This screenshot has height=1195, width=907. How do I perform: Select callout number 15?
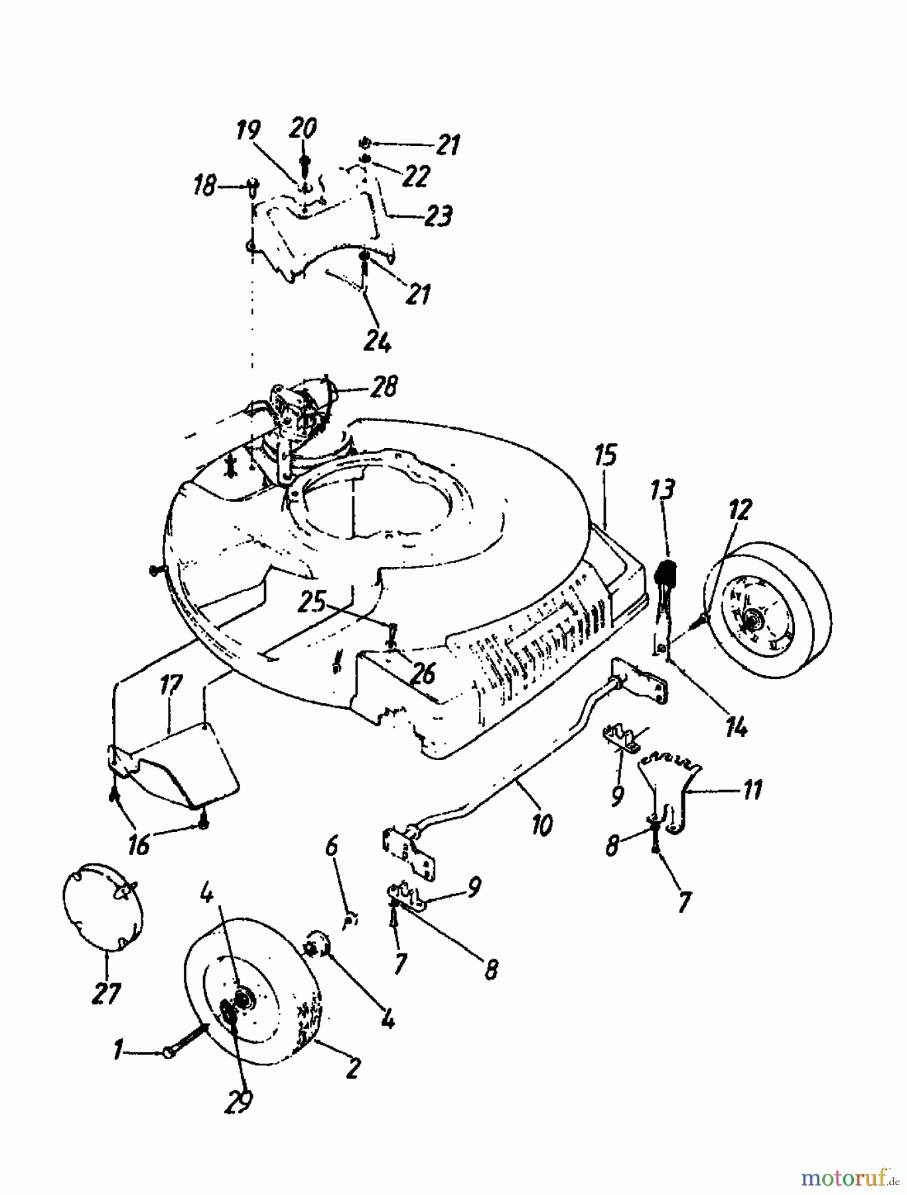pyautogui.click(x=605, y=457)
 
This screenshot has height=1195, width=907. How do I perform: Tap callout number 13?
pyautogui.click(x=663, y=490)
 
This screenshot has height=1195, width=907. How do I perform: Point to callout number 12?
pyautogui.click(x=740, y=510)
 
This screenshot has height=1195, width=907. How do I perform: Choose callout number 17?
pyautogui.click(x=171, y=684)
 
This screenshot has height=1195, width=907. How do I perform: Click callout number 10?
pyautogui.click(x=542, y=825)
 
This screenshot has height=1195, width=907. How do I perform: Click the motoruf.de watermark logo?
pyautogui.click(x=849, y=1176)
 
